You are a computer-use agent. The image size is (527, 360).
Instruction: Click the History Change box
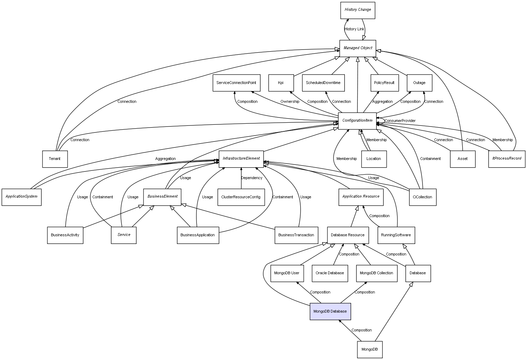358,10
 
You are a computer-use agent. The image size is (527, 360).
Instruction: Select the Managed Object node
358,48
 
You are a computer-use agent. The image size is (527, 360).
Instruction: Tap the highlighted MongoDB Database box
330,311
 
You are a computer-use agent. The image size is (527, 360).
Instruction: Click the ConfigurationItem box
357,121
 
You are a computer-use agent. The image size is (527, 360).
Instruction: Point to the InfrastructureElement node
241,159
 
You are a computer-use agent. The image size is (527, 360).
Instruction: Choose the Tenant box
55,159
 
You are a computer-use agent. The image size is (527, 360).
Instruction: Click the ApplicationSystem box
22,197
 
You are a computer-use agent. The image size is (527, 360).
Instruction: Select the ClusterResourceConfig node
241,197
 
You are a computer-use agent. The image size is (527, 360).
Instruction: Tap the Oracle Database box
330,273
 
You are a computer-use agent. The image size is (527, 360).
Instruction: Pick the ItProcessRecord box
506,159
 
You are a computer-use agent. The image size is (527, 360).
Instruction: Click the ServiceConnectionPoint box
236,83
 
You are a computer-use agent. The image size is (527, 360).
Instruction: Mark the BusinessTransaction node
296,235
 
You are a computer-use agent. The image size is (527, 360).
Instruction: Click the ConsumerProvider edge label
400,121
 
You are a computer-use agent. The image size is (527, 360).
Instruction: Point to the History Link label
354,29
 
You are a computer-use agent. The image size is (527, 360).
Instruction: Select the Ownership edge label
290,102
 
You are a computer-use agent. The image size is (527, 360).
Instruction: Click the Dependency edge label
251,178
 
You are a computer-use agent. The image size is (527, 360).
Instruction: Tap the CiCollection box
422,197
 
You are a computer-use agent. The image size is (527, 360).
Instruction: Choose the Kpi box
281,83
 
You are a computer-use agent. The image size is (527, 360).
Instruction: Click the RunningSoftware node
396,235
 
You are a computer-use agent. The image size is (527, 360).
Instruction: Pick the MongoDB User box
287,273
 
